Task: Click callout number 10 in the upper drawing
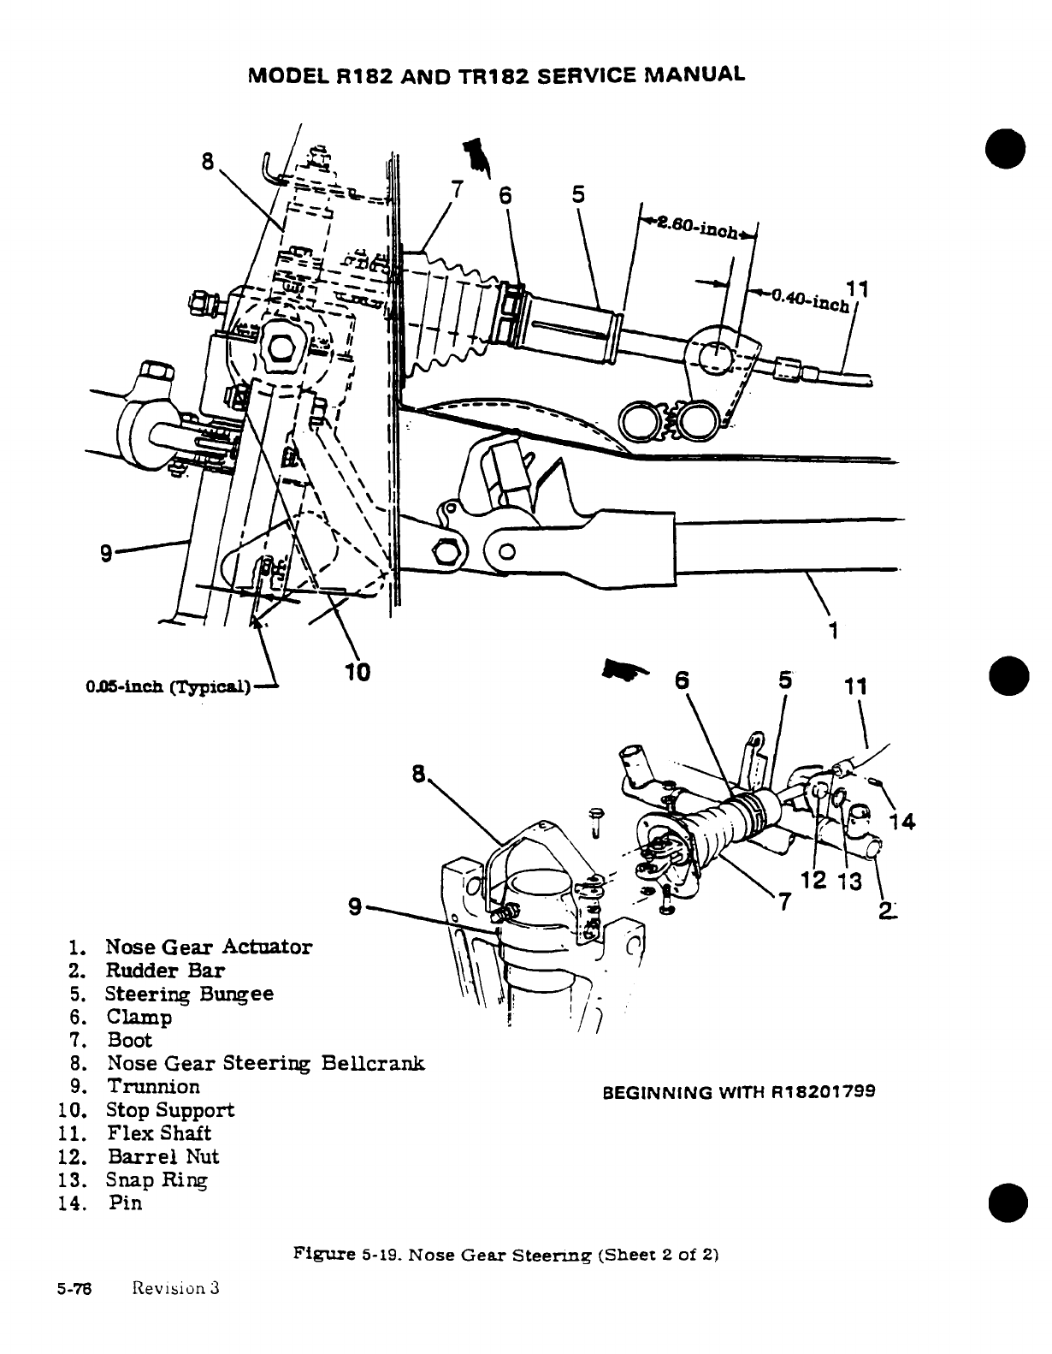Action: [x=358, y=672]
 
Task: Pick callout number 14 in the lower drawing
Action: [x=901, y=822]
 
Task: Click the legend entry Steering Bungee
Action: [x=189, y=994]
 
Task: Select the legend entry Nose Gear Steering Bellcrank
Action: [x=264, y=1063]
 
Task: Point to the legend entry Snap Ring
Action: [x=157, y=1179]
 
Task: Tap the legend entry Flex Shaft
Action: [x=159, y=1133]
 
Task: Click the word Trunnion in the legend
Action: [x=153, y=1086]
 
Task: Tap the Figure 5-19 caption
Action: [x=505, y=1256]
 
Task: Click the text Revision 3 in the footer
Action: [x=176, y=1288]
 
